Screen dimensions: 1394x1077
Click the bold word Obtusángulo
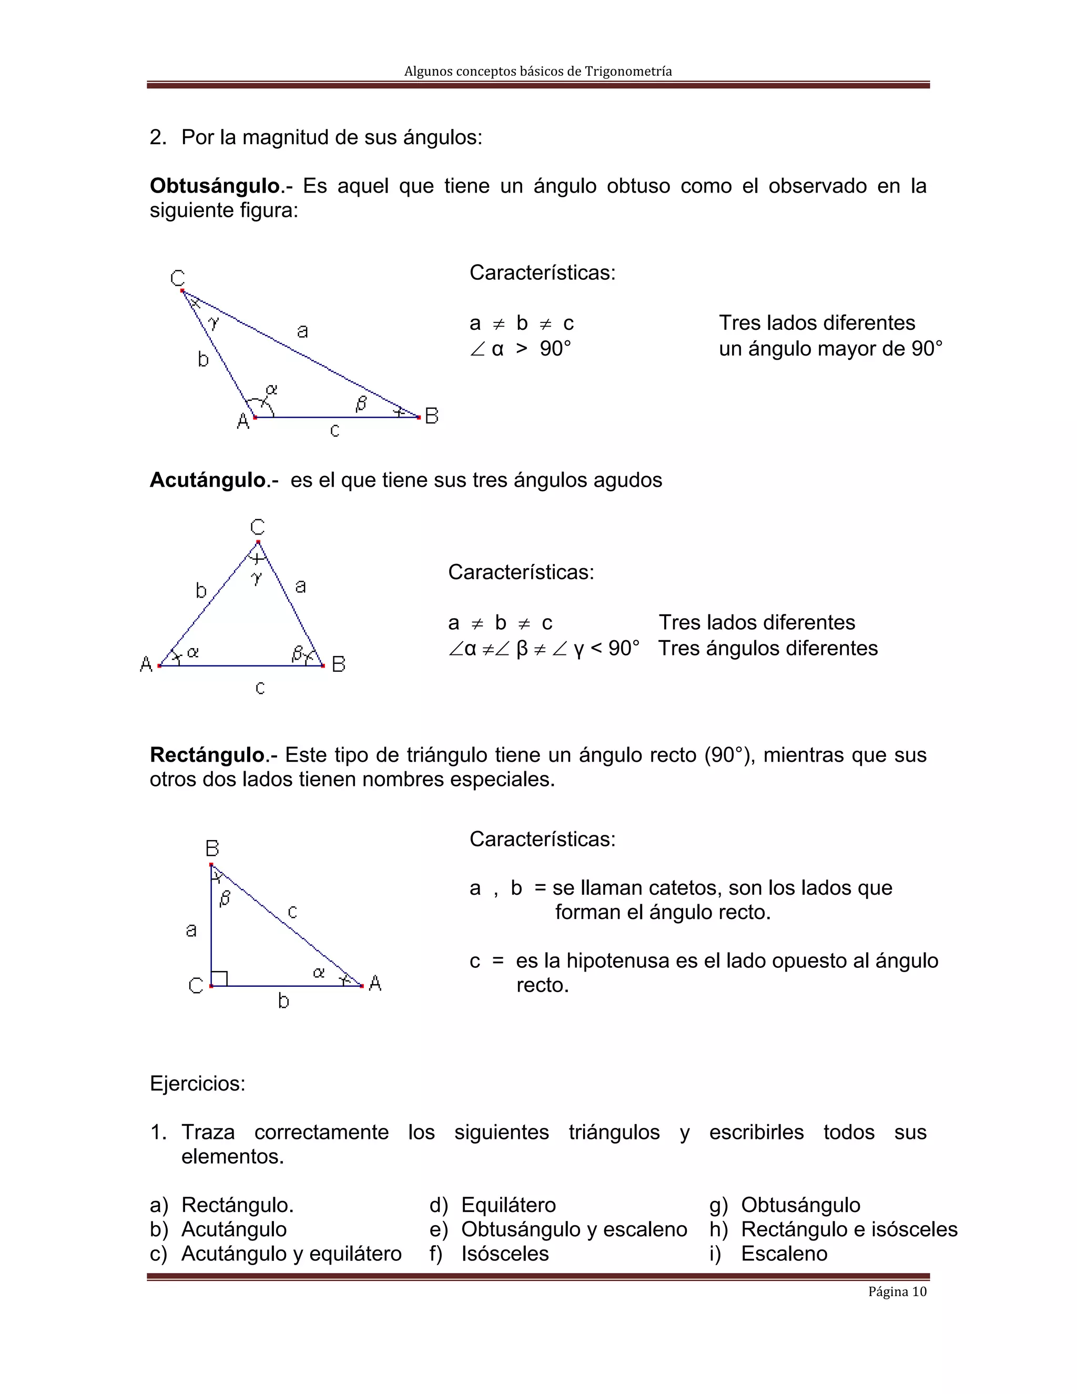[x=215, y=186]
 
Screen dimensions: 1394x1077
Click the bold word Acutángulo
[x=207, y=480]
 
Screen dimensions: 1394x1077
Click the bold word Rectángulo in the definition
[x=207, y=755]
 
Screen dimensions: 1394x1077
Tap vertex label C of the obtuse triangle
[x=177, y=278]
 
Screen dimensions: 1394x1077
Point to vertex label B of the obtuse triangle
[x=432, y=416]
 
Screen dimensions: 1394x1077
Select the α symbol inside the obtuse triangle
[x=272, y=389]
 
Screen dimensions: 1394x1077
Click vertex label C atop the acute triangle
[x=257, y=527]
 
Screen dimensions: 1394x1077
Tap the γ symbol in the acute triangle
[x=257, y=578]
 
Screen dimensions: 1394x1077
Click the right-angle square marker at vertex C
[x=219, y=978]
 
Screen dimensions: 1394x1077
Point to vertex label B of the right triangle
[x=212, y=848]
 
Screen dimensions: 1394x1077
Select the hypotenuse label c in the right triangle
[x=292, y=912]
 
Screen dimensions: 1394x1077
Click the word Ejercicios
[x=197, y=1084]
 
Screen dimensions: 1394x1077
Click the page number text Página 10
[x=897, y=1292]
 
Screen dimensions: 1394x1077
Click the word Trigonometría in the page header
[x=628, y=72]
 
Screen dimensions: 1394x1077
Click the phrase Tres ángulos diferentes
[x=768, y=649]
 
